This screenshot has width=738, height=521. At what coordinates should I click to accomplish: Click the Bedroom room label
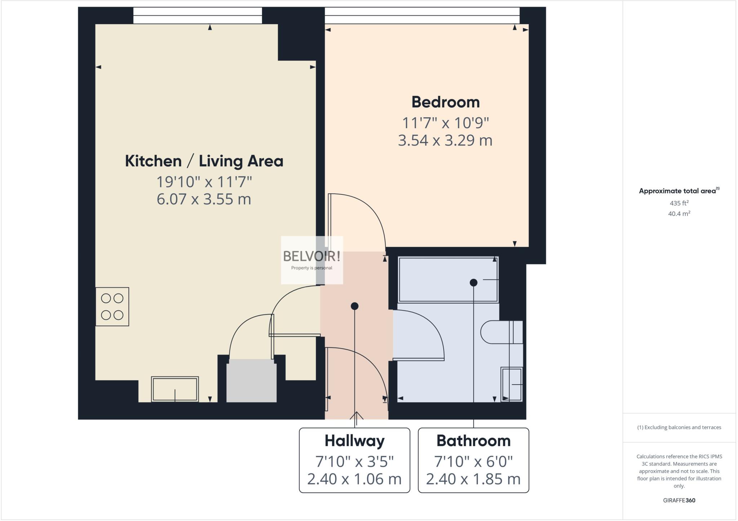[x=445, y=102]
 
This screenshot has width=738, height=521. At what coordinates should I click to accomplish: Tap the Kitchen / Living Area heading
[x=204, y=161]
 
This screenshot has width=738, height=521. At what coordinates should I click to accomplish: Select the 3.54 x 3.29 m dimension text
[x=445, y=140]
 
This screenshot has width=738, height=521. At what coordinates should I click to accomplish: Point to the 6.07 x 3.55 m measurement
[x=204, y=199]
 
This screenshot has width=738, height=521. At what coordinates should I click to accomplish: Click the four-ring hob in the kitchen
[x=112, y=307]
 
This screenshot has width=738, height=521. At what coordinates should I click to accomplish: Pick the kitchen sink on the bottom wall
[x=175, y=389]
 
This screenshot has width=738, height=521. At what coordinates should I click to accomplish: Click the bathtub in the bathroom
[x=448, y=279]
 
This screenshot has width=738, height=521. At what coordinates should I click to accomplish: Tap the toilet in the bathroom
[x=501, y=332]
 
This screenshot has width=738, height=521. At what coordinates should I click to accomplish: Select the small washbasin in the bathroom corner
[x=511, y=384]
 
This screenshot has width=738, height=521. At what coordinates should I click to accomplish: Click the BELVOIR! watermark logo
[x=312, y=257]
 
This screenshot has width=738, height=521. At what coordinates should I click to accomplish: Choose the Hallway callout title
[x=355, y=441]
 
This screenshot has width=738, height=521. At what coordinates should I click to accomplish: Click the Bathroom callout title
[x=474, y=441]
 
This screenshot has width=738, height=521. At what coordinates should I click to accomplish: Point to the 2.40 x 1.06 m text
[x=354, y=479]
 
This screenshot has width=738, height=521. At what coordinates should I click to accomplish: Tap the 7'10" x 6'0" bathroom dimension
[x=474, y=461]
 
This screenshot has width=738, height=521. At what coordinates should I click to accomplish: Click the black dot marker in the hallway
[x=355, y=306]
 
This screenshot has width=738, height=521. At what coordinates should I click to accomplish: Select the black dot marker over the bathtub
[x=474, y=283]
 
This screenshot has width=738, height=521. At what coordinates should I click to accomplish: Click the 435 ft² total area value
[x=679, y=203]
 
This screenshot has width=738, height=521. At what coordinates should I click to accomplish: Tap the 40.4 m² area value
[x=679, y=214]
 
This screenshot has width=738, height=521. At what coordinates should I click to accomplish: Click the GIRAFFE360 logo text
[x=679, y=500]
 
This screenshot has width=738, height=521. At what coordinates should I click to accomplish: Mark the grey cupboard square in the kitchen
[x=251, y=381]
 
